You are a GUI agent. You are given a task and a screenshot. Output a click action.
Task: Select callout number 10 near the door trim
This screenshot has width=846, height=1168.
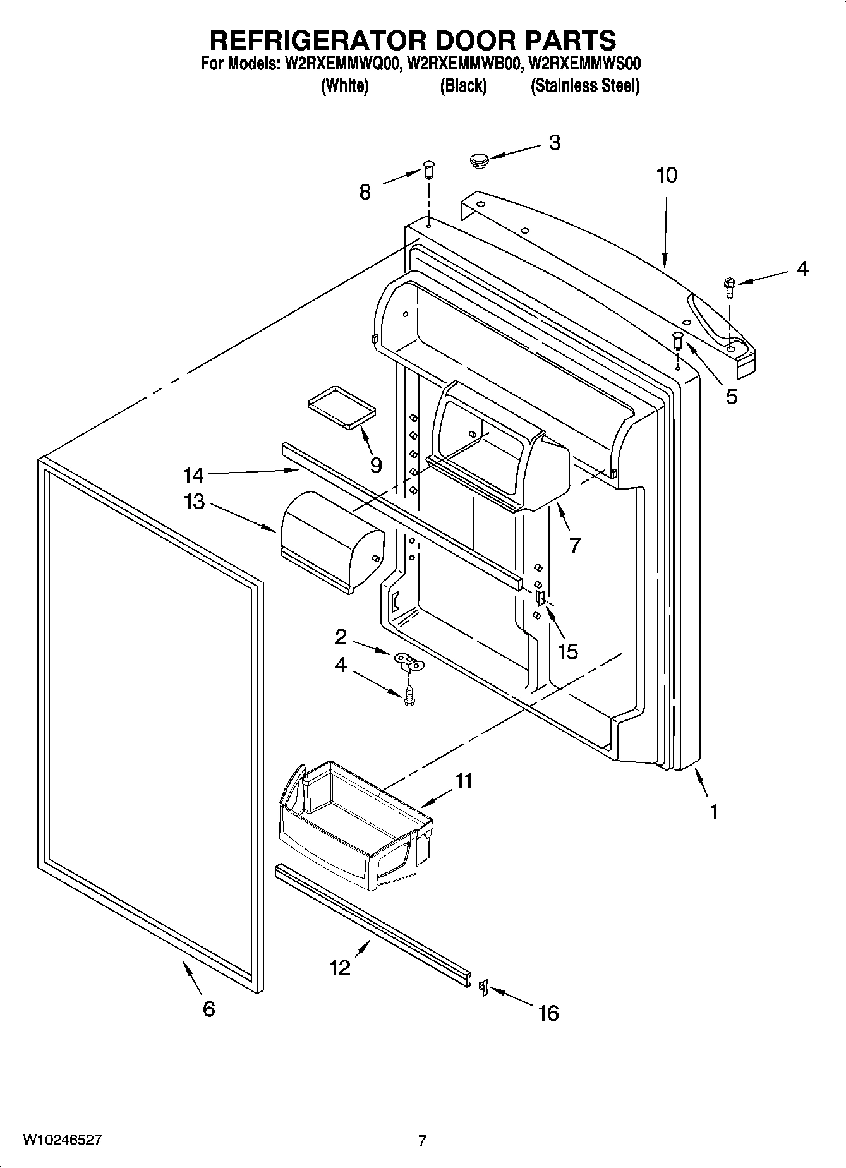(667, 175)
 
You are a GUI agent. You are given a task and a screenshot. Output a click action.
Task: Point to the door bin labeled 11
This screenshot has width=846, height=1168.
(354, 827)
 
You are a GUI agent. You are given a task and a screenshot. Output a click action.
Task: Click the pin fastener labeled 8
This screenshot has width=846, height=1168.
(429, 169)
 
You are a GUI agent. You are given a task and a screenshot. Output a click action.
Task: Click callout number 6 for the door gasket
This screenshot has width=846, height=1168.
(209, 1008)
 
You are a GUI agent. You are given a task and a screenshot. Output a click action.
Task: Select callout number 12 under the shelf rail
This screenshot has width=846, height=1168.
(340, 967)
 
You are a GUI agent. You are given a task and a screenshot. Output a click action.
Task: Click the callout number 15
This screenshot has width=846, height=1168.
(567, 651)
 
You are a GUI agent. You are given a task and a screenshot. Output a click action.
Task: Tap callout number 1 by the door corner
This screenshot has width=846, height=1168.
(714, 811)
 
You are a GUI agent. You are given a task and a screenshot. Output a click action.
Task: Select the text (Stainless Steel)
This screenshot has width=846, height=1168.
(584, 86)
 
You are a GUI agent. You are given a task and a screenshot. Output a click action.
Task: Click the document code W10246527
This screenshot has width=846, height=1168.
(62, 1140)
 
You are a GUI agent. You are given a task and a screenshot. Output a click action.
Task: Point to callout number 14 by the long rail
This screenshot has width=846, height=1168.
(193, 474)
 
